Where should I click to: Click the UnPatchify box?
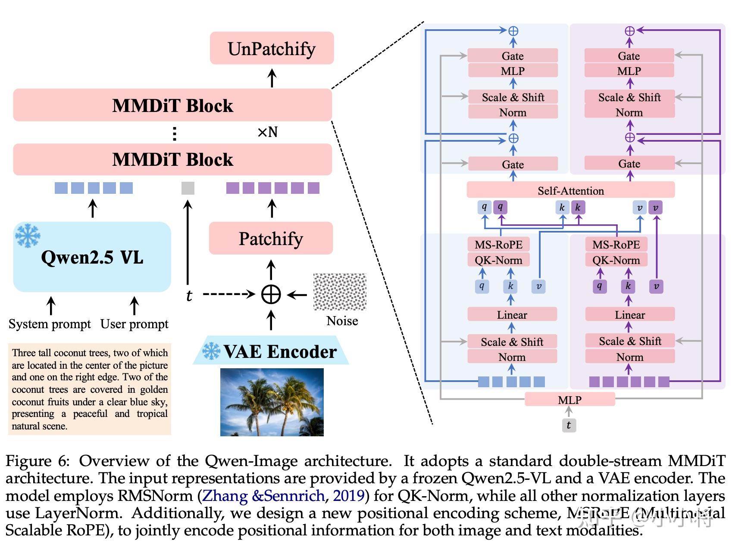[272, 48]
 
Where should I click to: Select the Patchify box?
[271, 238]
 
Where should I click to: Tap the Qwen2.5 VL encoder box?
[92, 257]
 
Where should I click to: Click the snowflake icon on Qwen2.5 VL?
[28, 235]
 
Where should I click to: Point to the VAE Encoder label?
[279, 351]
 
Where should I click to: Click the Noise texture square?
[340, 292]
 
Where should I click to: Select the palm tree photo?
[272, 402]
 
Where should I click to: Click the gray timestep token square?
[188, 188]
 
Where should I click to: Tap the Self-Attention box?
[570, 190]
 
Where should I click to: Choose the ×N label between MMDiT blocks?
[267, 132]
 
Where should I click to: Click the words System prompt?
[50, 324]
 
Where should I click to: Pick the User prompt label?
[134, 324]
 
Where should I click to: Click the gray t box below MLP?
[569, 425]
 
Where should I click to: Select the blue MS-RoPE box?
[498, 245]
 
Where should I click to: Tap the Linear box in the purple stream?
[629, 314]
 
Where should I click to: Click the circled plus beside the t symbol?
[271, 295]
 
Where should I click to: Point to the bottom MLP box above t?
[569, 400]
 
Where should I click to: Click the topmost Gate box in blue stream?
[513, 56]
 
